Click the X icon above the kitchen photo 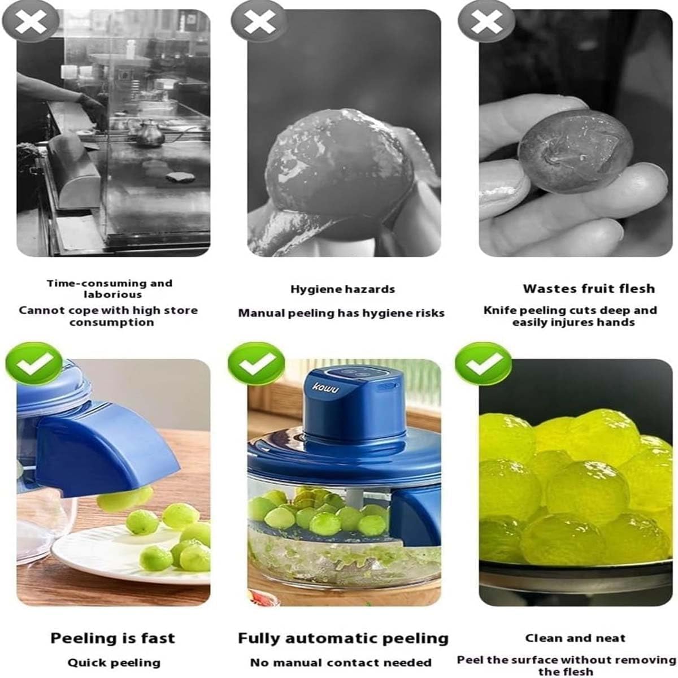(x=31, y=21)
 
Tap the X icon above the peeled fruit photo (x=259, y=21)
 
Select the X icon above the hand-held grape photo (x=486, y=21)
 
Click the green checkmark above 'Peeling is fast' (x=34, y=364)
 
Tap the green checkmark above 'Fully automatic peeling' (x=257, y=364)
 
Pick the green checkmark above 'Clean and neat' (x=483, y=364)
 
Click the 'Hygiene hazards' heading (x=342, y=289)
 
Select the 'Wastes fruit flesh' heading (x=588, y=289)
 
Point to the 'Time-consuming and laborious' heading (x=110, y=289)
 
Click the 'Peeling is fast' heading (x=112, y=638)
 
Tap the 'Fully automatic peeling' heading (x=343, y=638)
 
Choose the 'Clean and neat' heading (x=575, y=638)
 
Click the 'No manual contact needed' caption (x=341, y=663)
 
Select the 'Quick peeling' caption (x=114, y=663)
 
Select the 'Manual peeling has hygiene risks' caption (x=341, y=313)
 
